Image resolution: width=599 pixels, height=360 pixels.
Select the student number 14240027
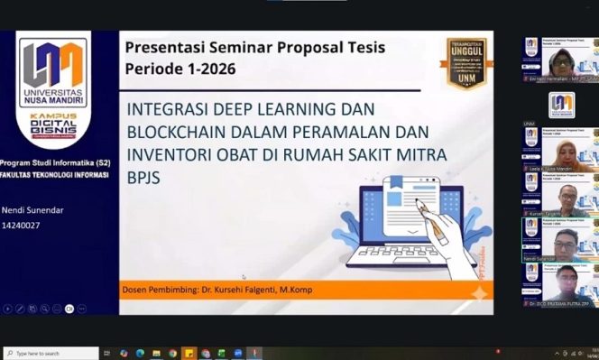pos(21,226)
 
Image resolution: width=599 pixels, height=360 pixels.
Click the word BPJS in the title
pos(145,178)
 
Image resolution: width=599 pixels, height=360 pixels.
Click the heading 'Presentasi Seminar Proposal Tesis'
pos(255,48)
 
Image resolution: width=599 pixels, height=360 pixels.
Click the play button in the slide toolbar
pos(8,309)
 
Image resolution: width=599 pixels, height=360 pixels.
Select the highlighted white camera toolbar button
pos(69,309)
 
